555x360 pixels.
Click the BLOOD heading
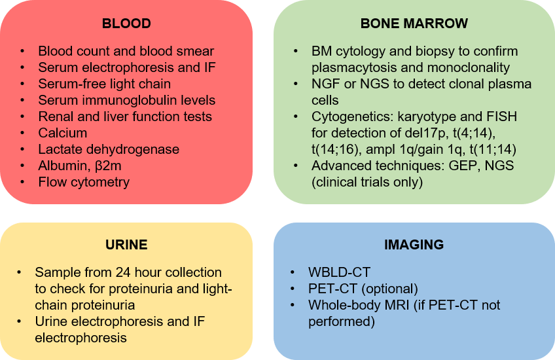click(x=126, y=24)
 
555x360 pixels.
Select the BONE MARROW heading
click(x=414, y=24)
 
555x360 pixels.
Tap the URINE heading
click(x=126, y=245)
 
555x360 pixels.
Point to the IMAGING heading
click(x=414, y=245)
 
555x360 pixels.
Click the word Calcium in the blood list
click(x=62, y=133)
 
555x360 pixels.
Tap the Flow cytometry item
click(x=84, y=182)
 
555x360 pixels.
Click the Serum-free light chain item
click(x=104, y=84)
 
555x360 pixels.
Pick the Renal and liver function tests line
click(x=125, y=117)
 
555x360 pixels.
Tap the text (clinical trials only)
click(x=367, y=182)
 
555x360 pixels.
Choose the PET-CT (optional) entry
click(x=363, y=289)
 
